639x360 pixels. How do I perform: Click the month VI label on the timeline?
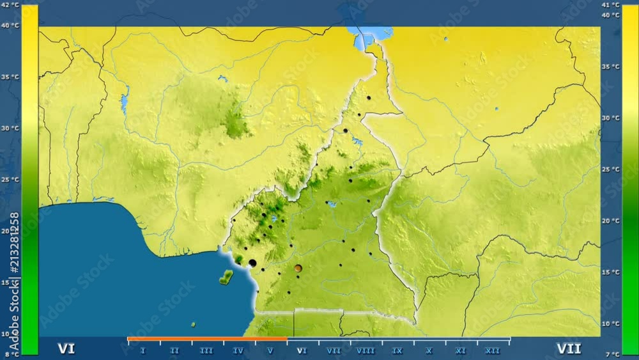[x=302, y=350]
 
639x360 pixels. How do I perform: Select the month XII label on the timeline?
[x=493, y=350]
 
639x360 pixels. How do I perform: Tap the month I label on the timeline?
[x=142, y=350]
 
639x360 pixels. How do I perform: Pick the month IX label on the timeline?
[x=397, y=350]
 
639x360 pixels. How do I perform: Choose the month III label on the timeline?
[x=206, y=350]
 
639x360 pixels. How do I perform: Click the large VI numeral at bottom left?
[x=66, y=348]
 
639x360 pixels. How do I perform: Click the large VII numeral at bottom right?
[x=568, y=348]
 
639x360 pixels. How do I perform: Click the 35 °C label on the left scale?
[x=10, y=77]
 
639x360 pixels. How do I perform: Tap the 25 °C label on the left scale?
[x=10, y=180]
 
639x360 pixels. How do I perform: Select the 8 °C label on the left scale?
[x=10, y=354]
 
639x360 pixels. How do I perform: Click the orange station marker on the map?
[x=298, y=269]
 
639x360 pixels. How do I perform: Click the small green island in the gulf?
[x=226, y=278]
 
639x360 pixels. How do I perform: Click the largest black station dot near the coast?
[x=252, y=263]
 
